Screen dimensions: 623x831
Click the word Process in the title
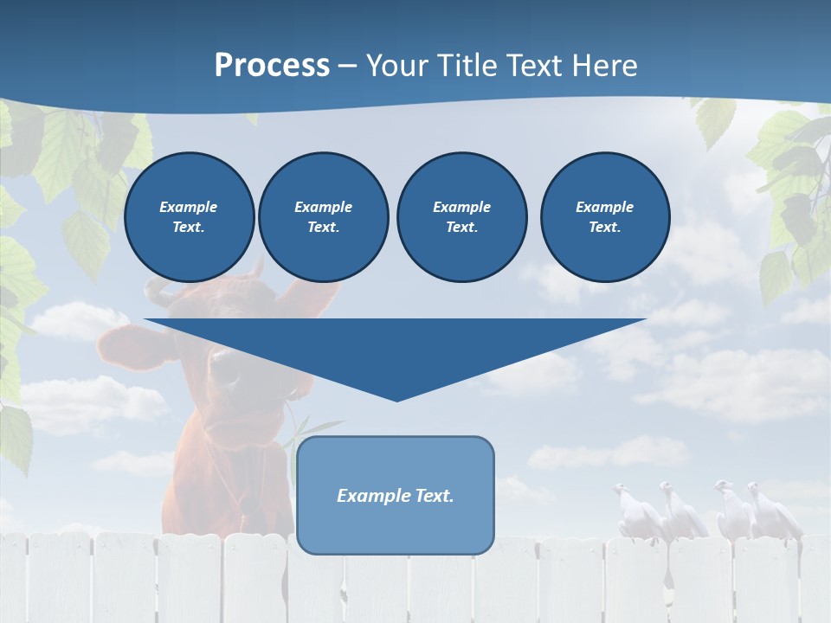pyautogui.click(x=272, y=66)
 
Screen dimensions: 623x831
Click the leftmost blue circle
pyautogui.click(x=189, y=217)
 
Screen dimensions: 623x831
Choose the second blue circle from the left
pyautogui.click(x=324, y=217)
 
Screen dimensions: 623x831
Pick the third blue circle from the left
pyautogui.click(x=462, y=217)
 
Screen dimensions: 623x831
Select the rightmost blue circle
pyautogui.click(x=605, y=217)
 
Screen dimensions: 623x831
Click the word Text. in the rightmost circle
pyautogui.click(x=605, y=228)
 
